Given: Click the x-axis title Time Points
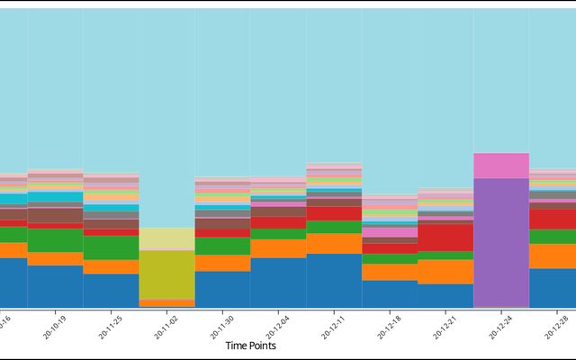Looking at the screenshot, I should coord(250,346).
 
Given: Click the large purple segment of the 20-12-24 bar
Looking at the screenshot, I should coord(501,241).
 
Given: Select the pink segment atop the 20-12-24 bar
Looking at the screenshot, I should coord(501,166).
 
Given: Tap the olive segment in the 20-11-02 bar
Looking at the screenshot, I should coord(166,274).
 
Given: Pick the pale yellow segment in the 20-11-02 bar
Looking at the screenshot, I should coord(166,238).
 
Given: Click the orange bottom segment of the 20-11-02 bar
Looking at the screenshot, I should coord(166,303).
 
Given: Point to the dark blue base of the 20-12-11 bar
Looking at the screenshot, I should coord(334,281).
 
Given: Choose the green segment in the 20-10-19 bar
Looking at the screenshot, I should coord(55,240).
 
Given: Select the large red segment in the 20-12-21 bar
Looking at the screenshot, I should coord(445,237).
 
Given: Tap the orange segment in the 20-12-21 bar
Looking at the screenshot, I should coord(445,271).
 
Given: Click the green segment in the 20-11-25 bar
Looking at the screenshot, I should coord(111,247).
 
